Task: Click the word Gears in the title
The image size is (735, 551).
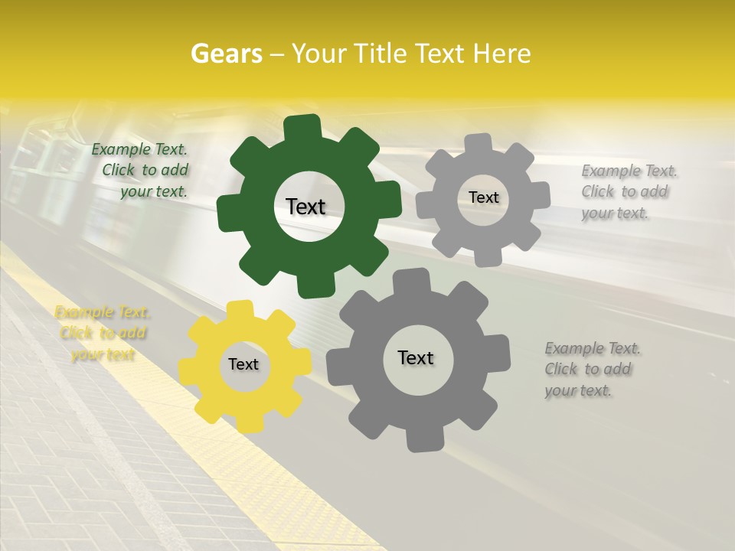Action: pyautogui.click(x=226, y=54)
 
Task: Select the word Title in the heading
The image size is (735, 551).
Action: pyautogui.click(x=383, y=54)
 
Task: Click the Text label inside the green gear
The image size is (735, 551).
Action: pyautogui.click(x=305, y=207)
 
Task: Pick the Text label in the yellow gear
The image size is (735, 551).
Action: pyautogui.click(x=243, y=365)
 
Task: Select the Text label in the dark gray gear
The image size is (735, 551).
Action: pyautogui.click(x=415, y=358)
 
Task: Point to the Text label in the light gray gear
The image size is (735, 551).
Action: pyautogui.click(x=483, y=197)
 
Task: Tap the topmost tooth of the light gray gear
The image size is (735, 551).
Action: pyautogui.click(x=479, y=142)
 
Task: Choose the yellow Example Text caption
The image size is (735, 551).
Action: pyautogui.click(x=102, y=333)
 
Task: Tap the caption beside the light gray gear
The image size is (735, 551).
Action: pyautogui.click(x=628, y=192)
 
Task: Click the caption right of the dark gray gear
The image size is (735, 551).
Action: pyautogui.click(x=592, y=370)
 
